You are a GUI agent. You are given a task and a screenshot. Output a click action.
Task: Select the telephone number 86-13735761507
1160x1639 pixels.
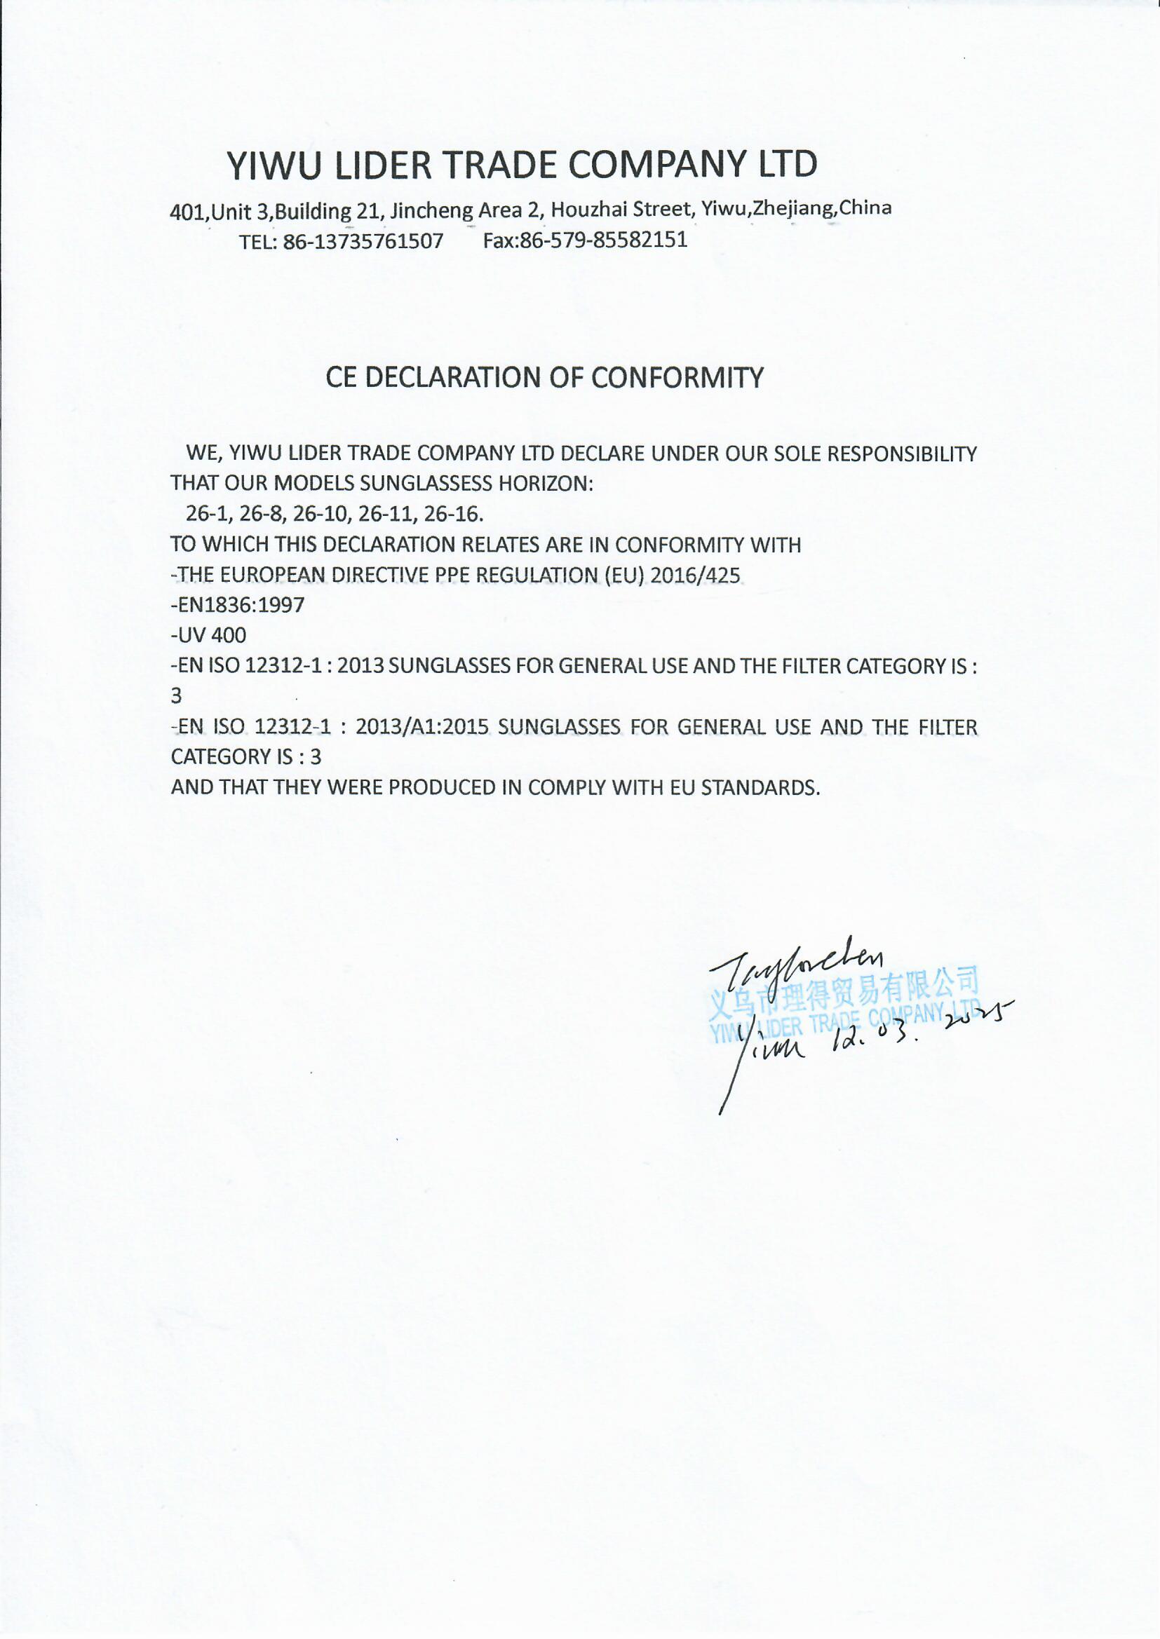point(363,241)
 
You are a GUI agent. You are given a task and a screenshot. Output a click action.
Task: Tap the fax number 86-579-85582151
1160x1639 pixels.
point(604,240)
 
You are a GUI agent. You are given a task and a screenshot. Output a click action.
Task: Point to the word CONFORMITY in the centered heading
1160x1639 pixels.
point(677,378)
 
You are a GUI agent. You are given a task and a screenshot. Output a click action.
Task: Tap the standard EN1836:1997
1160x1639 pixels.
point(238,606)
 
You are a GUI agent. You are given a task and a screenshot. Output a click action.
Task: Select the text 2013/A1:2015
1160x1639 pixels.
point(421,727)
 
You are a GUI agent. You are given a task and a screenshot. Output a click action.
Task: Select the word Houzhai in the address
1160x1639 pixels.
point(585,209)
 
